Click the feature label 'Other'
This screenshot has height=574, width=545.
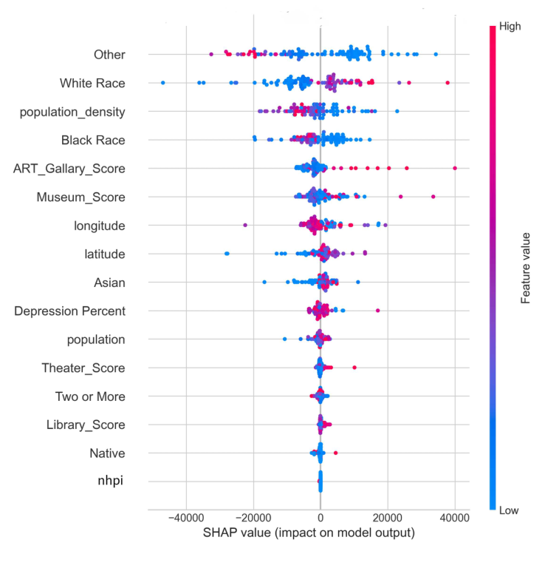(109, 55)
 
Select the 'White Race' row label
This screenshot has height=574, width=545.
(92, 83)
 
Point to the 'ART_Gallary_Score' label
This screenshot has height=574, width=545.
(69, 169)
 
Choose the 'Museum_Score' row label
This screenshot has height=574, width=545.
(81, 197)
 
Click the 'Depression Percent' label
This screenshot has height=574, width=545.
(70, 311)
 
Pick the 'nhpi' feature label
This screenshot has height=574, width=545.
(111, 482)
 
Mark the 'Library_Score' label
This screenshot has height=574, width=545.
(86, 425)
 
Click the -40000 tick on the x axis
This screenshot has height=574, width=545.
(185, 520)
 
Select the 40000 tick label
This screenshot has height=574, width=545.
(455, 520)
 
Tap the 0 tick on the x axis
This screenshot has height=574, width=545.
(320, 520)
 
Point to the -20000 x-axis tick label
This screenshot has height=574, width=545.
(253, 520)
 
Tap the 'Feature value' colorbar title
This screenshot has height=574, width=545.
(526, 268)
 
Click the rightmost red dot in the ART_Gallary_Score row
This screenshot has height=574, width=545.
(455, 169)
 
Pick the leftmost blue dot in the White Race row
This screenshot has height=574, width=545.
(163, 83)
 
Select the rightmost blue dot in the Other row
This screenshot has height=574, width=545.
(436, 54)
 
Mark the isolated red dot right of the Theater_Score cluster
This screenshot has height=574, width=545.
(354, 368)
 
